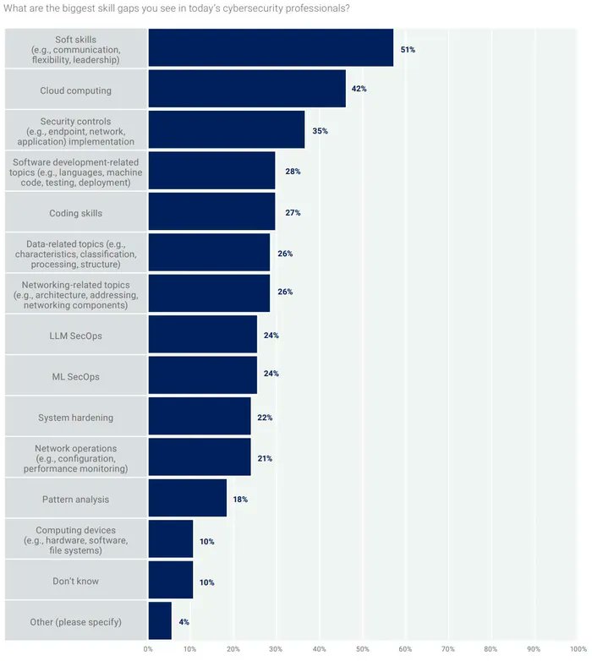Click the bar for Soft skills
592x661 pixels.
(271, 48)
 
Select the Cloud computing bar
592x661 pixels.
(247, 89)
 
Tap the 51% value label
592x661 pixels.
(408, 50)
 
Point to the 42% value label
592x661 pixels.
(359, 89)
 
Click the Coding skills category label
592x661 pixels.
(76, 213)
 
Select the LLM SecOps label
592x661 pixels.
(76, 336)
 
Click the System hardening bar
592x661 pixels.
(199, 417)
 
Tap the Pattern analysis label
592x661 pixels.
(76, 500)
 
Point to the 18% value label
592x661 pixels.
(240, 500)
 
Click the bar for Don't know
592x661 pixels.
(170, 582)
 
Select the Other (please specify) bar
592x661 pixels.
(160, 622)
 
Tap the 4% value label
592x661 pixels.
(184, 622)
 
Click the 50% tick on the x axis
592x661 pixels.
(362, 649)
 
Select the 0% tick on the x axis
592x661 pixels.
(148, 649)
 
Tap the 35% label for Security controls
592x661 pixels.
(321, 131)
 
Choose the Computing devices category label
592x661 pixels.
(76, 540)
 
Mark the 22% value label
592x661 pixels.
(265, 418)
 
